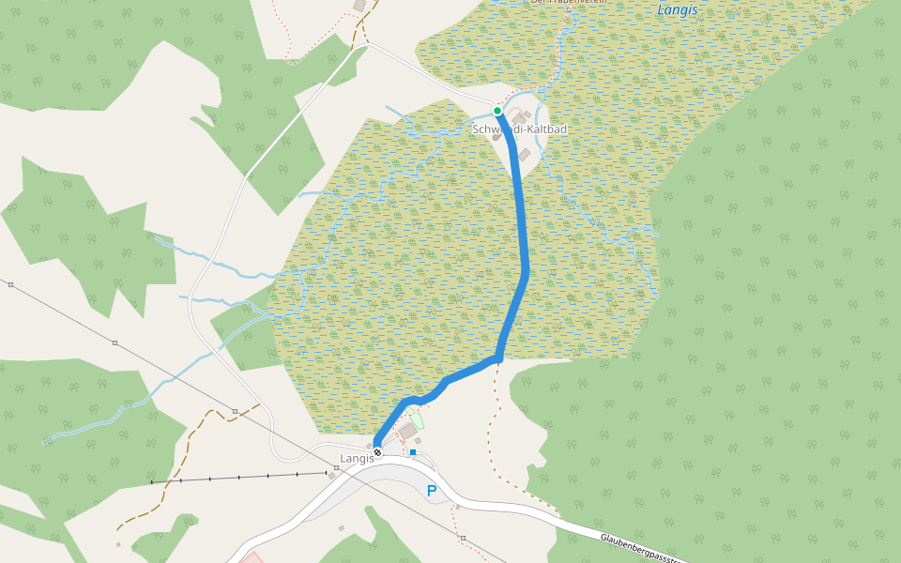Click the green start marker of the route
(497, 111)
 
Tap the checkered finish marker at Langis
(377, 452)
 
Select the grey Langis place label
(357, 459)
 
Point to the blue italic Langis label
(677, 10)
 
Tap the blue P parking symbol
(432, 491)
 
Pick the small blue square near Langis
(413, 452)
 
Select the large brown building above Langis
(407, 431)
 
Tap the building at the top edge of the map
(359, 6)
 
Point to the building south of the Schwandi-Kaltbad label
(525, 155)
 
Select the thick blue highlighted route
(524, 235)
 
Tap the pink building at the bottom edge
(252, 558)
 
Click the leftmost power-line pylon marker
(10, 283)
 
